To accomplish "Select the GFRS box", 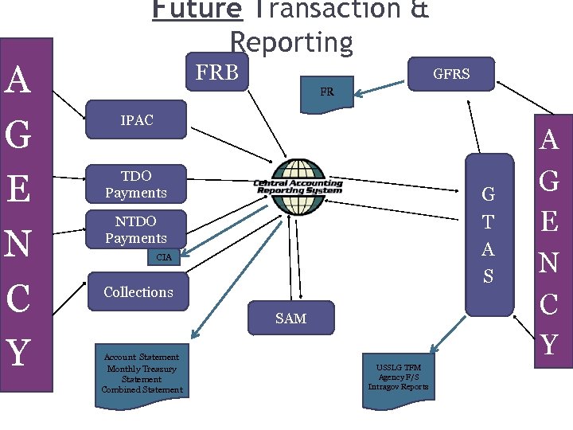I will click(450, 74).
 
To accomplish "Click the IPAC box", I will click(136, 121).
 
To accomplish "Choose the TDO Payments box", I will click(136, 184).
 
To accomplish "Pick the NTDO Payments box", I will click(136, 229).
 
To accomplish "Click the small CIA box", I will click(164, 257).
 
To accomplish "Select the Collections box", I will click(138, 292).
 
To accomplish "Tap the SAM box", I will click(290, 319).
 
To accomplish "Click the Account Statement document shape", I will click(142, 373).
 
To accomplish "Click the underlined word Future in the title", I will click(196, 10).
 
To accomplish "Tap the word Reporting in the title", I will click(290, 42).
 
